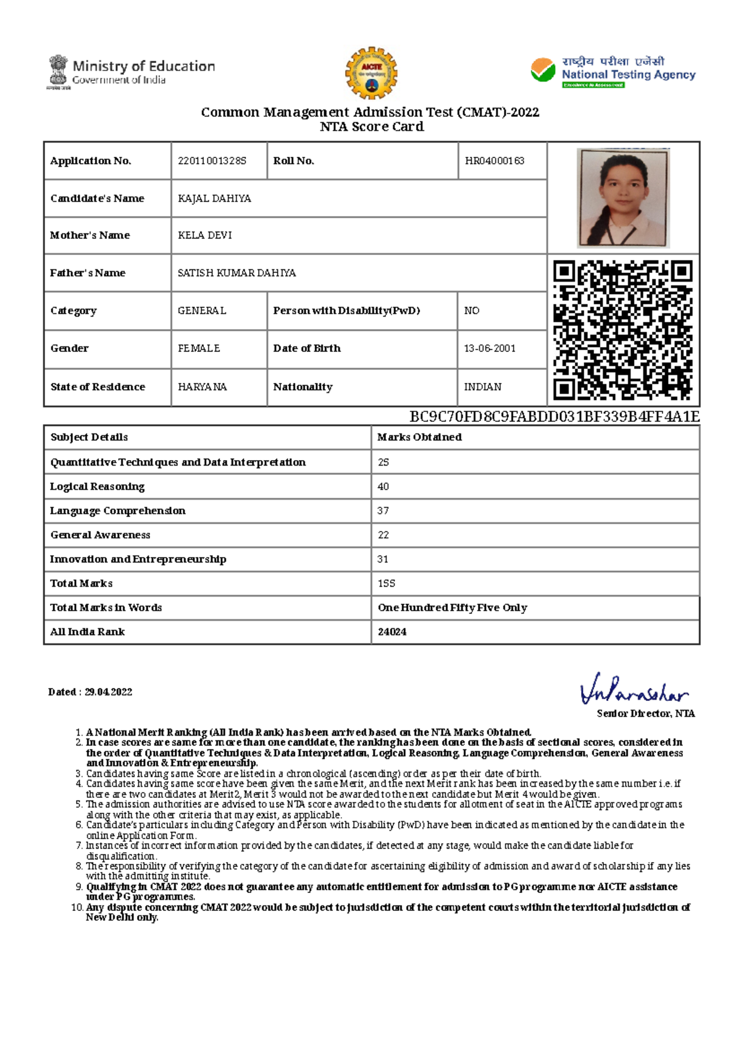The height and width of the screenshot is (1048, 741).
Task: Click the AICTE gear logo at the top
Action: point(371,73)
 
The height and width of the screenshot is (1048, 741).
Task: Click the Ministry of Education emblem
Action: point(59,72)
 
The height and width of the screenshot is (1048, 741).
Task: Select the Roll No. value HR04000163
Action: point(495,161)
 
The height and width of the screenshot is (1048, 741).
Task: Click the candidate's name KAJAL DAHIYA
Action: point(214,198)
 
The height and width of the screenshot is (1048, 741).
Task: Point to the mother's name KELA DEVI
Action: point(205,235)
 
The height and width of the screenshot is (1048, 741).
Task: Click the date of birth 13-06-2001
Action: point(490,348)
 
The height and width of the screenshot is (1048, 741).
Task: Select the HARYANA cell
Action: point(203,387)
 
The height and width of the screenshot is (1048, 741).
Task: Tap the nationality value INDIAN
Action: point(483,387)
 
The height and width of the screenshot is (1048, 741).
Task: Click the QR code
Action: point(622,330)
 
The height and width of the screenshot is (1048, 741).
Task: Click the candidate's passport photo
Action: point(622,198)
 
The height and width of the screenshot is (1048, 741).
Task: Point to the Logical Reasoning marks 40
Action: point(383,487)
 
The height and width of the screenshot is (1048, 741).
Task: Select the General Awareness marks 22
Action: point(383,535)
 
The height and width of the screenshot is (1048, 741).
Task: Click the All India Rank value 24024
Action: point(392,632)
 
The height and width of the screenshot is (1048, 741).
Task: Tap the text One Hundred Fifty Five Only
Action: point(453,608)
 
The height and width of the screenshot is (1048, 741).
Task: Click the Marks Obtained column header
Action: point(420,437)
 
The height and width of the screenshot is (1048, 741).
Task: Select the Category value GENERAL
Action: point(202,311)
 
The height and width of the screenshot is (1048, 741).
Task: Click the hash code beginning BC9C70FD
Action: point(555,416)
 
